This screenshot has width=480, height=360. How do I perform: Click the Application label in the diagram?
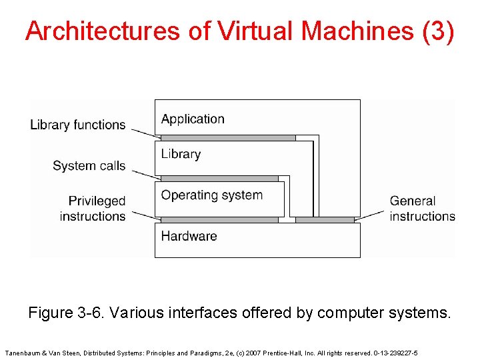[193, 119]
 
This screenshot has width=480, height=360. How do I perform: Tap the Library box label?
[181, 154]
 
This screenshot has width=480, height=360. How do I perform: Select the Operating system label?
[211, 195]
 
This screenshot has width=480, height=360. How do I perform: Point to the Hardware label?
[189, 236]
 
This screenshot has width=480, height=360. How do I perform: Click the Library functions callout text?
[77, 125]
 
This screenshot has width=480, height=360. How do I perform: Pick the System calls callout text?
[89, 165]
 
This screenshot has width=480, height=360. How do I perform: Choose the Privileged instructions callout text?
[93, 208]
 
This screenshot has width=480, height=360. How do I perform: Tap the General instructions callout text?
[422, 208]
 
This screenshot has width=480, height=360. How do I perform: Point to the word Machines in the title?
[358, 31]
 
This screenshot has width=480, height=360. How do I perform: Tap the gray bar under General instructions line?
[325, 219]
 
